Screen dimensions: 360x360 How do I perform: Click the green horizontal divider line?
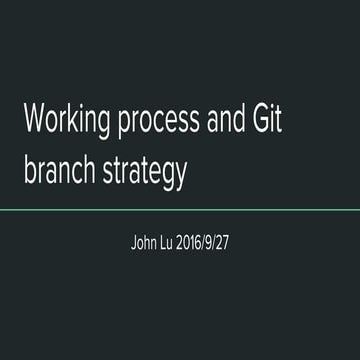[180, 210]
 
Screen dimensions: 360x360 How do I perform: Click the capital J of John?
[134, 242]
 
